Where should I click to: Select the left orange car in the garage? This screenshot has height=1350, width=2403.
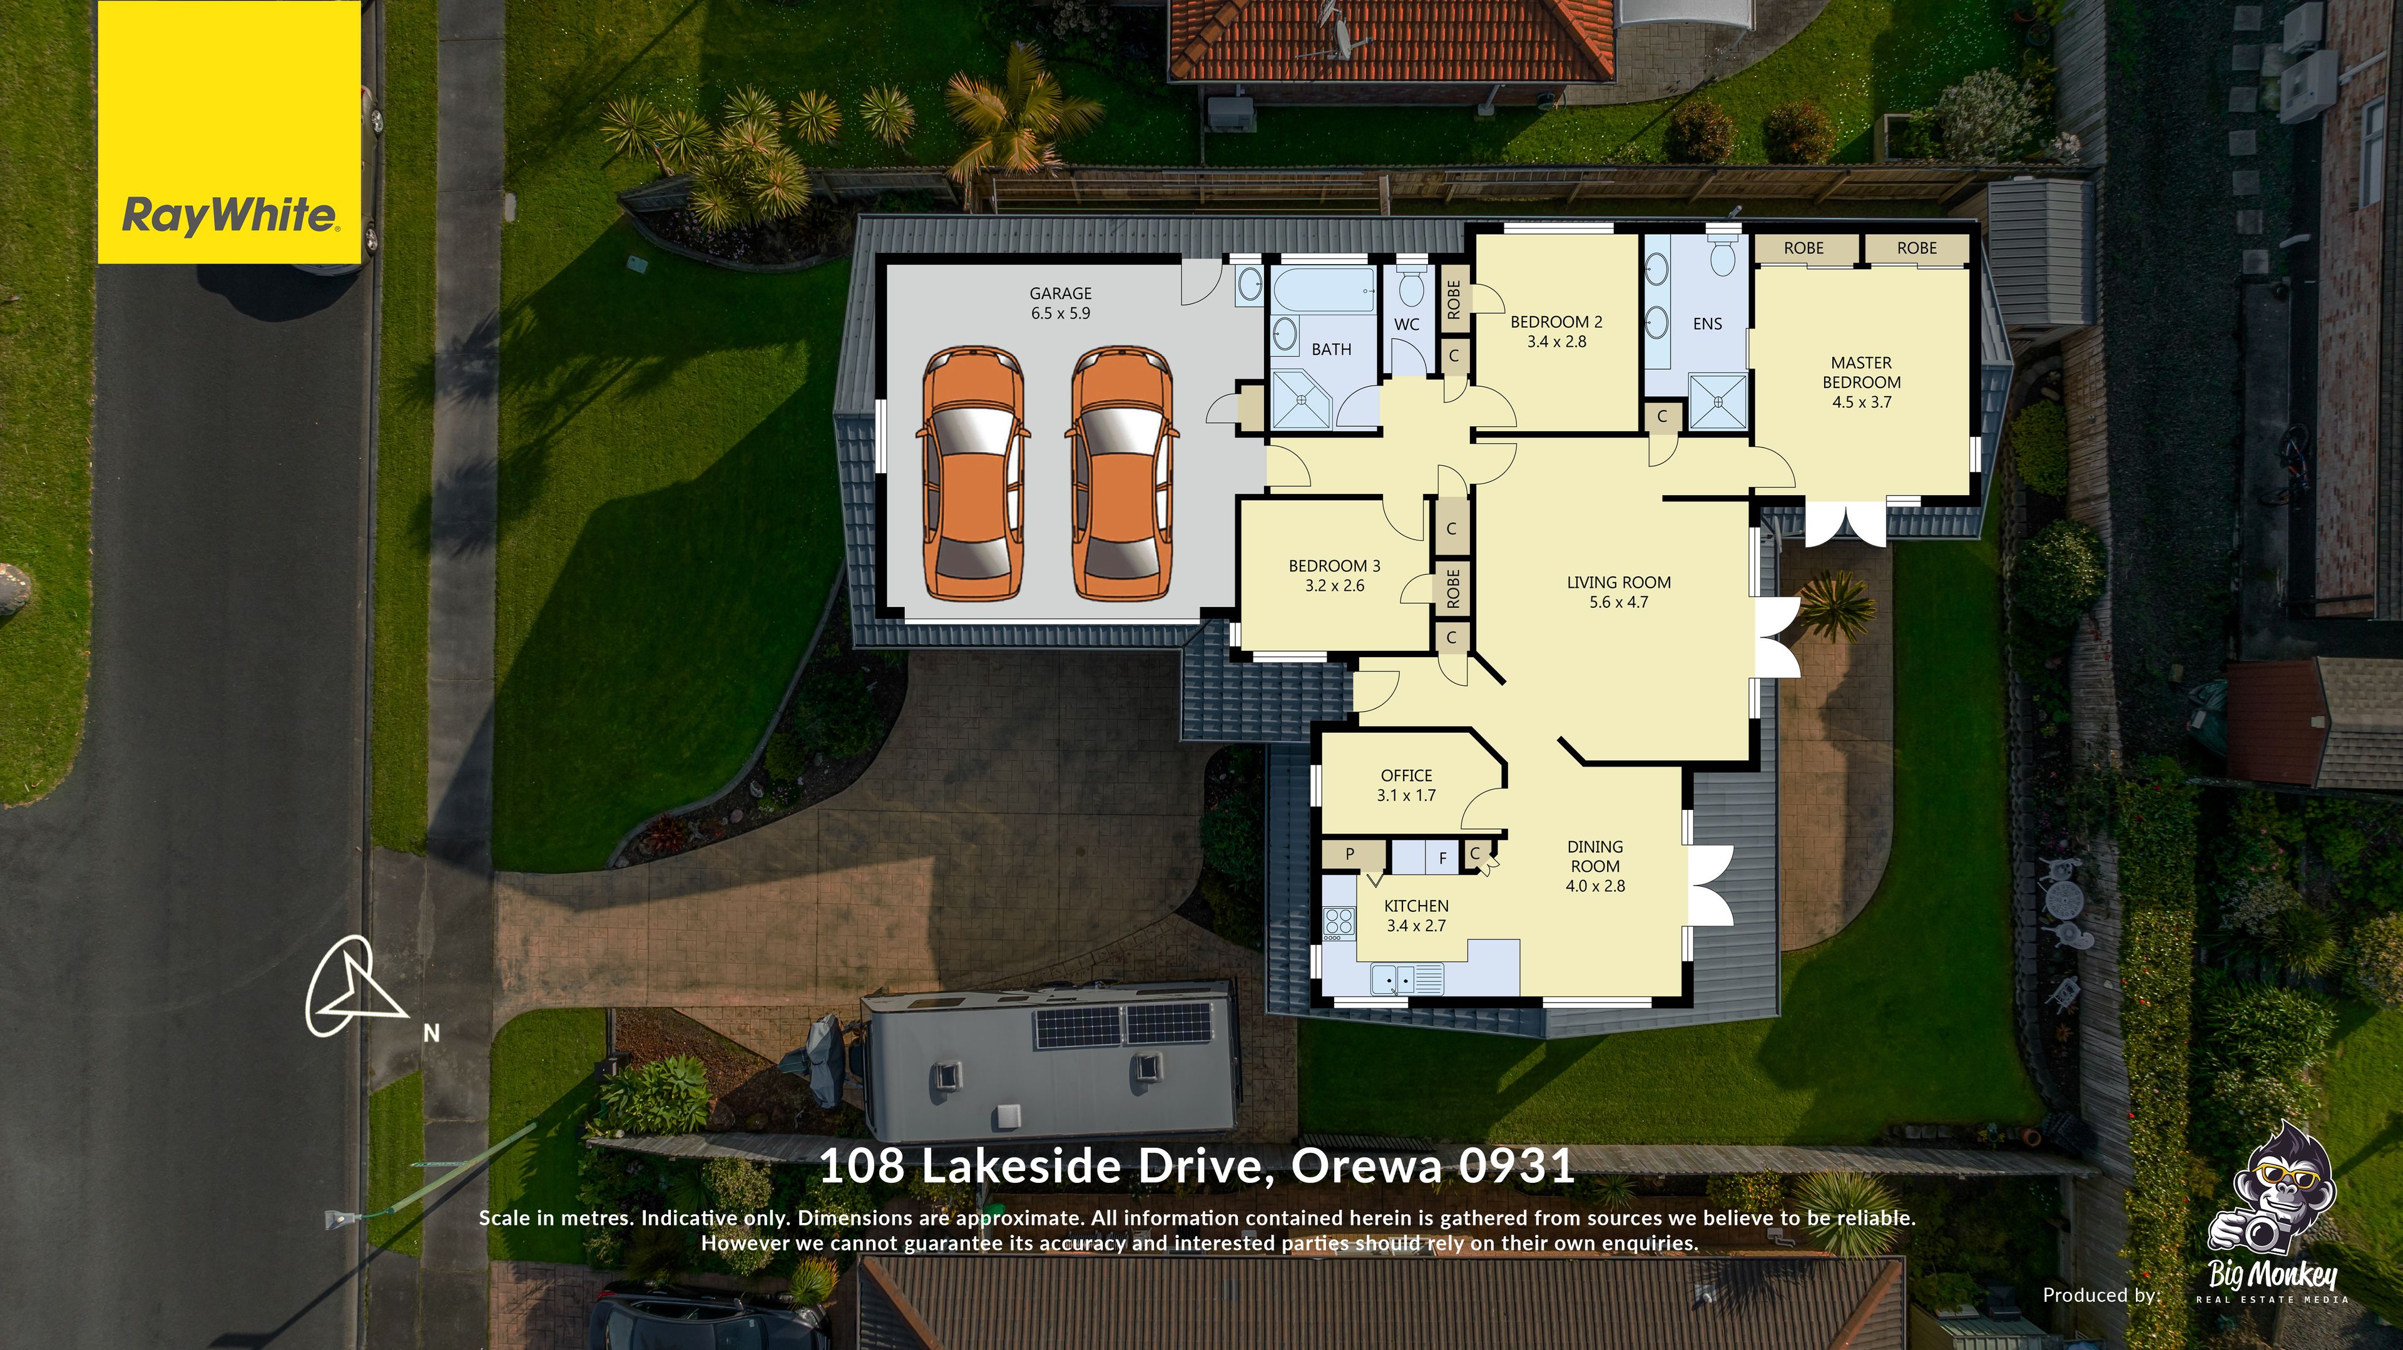[x=973, y=473]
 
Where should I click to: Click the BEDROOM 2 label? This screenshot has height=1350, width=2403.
[x=1556, y=322]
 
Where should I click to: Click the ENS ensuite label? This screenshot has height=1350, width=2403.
[x=1707, y=324]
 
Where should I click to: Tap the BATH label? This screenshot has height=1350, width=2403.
[x=1331, y=349]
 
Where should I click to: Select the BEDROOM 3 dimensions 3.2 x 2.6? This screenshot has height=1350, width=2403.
[x=1334, y=586]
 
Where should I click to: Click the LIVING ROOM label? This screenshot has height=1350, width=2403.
[x=1618, y=582]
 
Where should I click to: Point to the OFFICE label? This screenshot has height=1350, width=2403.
[x=1406, y=775]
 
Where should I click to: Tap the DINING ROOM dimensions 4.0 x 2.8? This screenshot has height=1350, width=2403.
[x=1595, y=886]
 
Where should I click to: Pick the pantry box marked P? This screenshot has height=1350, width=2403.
[x=1349, y=854]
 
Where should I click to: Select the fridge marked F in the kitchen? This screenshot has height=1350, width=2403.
[x=1442, y=858]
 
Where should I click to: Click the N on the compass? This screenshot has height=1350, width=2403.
[x=431, y=1033]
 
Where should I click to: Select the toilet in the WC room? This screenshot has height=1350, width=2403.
[x=1411, y=289]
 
